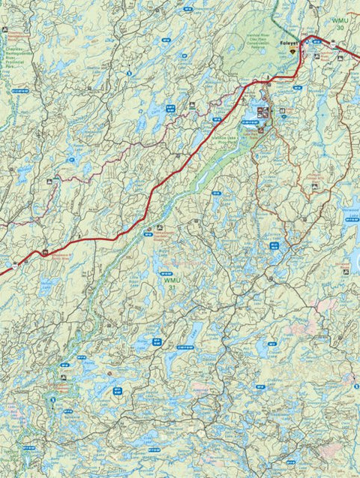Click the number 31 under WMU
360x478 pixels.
(x=174, y=288)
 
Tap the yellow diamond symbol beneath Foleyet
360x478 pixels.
(x=292, y=52)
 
